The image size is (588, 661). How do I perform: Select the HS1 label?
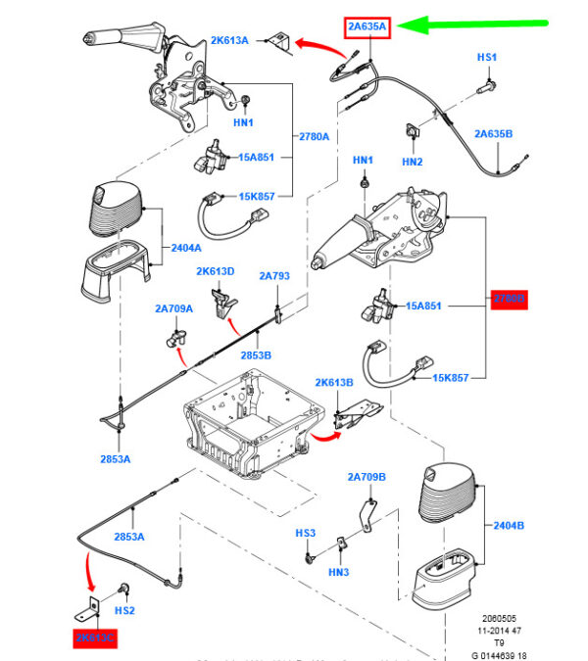point(487,58)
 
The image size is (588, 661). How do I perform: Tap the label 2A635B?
point(493,132)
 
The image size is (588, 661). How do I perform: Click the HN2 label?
point(412,161)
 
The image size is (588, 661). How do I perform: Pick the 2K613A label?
point(229,40)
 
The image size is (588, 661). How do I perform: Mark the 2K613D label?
point(216,271)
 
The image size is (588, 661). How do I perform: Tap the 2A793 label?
point(274,276)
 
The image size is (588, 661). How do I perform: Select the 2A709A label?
point(173,308)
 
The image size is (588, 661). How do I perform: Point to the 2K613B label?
point(334,382)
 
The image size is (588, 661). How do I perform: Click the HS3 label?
point(306,534)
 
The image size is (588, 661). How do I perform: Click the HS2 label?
point(124,610)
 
